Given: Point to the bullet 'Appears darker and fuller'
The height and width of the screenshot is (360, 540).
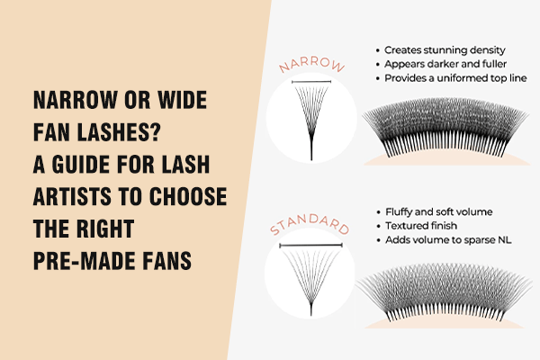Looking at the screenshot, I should [440, 64].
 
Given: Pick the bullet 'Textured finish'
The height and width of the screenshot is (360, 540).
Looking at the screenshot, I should [420, 227].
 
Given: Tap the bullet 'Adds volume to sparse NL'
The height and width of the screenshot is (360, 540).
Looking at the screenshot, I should [442, 242].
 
